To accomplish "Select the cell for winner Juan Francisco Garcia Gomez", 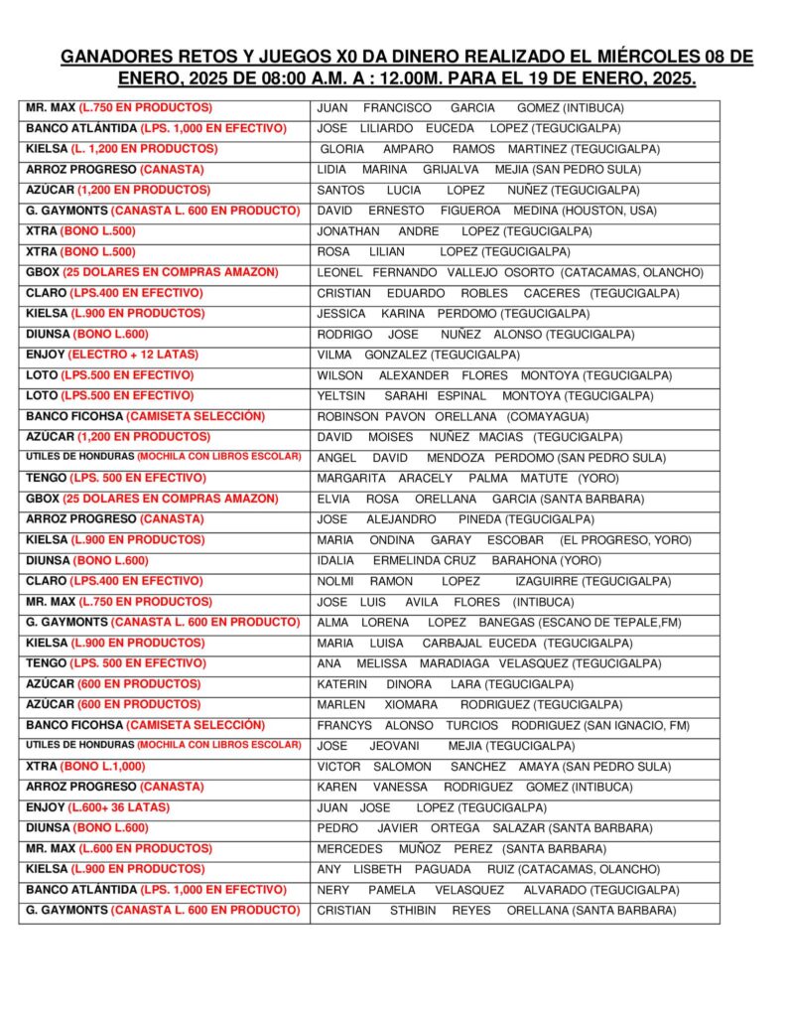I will [x=469, y=107].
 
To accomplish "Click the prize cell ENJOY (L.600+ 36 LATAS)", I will [x=98, y=807].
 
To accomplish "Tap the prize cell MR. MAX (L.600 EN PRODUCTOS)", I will [x=119, y=849].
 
